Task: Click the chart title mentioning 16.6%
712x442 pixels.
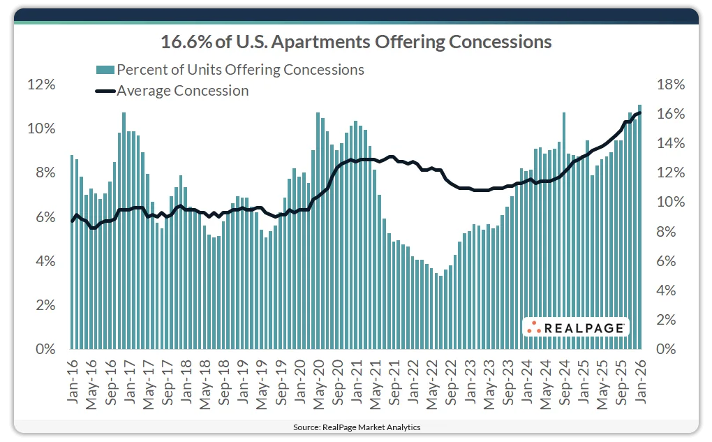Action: pos(356,42)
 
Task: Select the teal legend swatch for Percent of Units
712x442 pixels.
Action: pos(105,69)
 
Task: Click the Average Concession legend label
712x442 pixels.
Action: pos(182,90)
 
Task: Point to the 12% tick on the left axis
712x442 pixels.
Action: pos(40,84)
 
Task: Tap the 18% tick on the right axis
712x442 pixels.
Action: pos(672,84)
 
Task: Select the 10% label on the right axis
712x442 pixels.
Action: pos(672,202)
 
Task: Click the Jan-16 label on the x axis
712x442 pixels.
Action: pos(73,383)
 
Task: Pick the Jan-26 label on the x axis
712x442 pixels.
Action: pos(639,383)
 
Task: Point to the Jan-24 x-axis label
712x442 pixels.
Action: pos(526,383)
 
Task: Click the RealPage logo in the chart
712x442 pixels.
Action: pos(576,327)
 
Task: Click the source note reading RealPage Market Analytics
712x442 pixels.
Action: pos(356,427)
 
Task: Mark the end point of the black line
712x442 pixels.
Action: pos(639,112)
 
